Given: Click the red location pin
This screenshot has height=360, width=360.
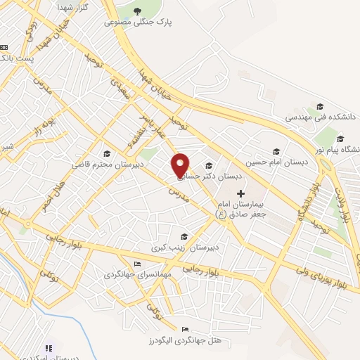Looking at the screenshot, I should [181, 165].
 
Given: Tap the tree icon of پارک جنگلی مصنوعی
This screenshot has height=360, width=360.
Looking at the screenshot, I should [135, 11].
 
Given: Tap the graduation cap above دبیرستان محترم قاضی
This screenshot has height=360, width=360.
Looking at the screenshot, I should [107, 154].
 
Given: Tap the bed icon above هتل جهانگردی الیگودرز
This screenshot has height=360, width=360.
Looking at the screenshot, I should [185, 330].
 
